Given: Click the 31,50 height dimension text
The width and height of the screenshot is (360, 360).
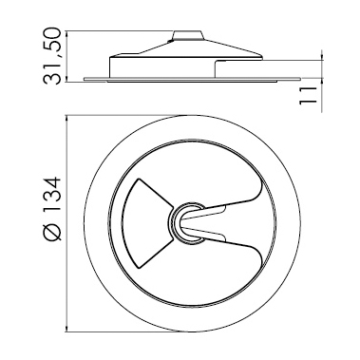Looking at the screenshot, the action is pos(52,56).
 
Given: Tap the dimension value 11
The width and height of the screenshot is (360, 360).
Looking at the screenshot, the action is pos(308,95).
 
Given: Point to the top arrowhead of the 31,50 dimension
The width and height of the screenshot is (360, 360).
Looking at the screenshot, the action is pos(66,34).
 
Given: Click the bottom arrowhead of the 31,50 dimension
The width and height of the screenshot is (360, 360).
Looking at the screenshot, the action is pos(66,79).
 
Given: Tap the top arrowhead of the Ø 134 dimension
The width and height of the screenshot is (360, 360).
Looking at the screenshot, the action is pos(66,119).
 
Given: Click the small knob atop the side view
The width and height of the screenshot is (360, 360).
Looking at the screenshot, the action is pos(187,35).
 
